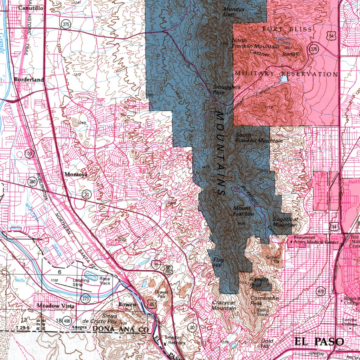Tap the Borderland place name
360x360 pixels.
(29, 80)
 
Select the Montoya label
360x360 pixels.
(76, 174)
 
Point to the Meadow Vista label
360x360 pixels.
(56, 306)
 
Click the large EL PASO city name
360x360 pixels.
(319, 341)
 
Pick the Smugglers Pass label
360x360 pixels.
(227, 90)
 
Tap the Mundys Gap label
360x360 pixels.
(234, 12)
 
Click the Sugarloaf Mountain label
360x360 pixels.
(285, 222)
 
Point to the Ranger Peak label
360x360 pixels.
(259, 282)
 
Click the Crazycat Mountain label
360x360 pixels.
(224, 305)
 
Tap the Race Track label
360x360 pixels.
(104, 281)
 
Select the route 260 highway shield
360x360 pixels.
(32, 182)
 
